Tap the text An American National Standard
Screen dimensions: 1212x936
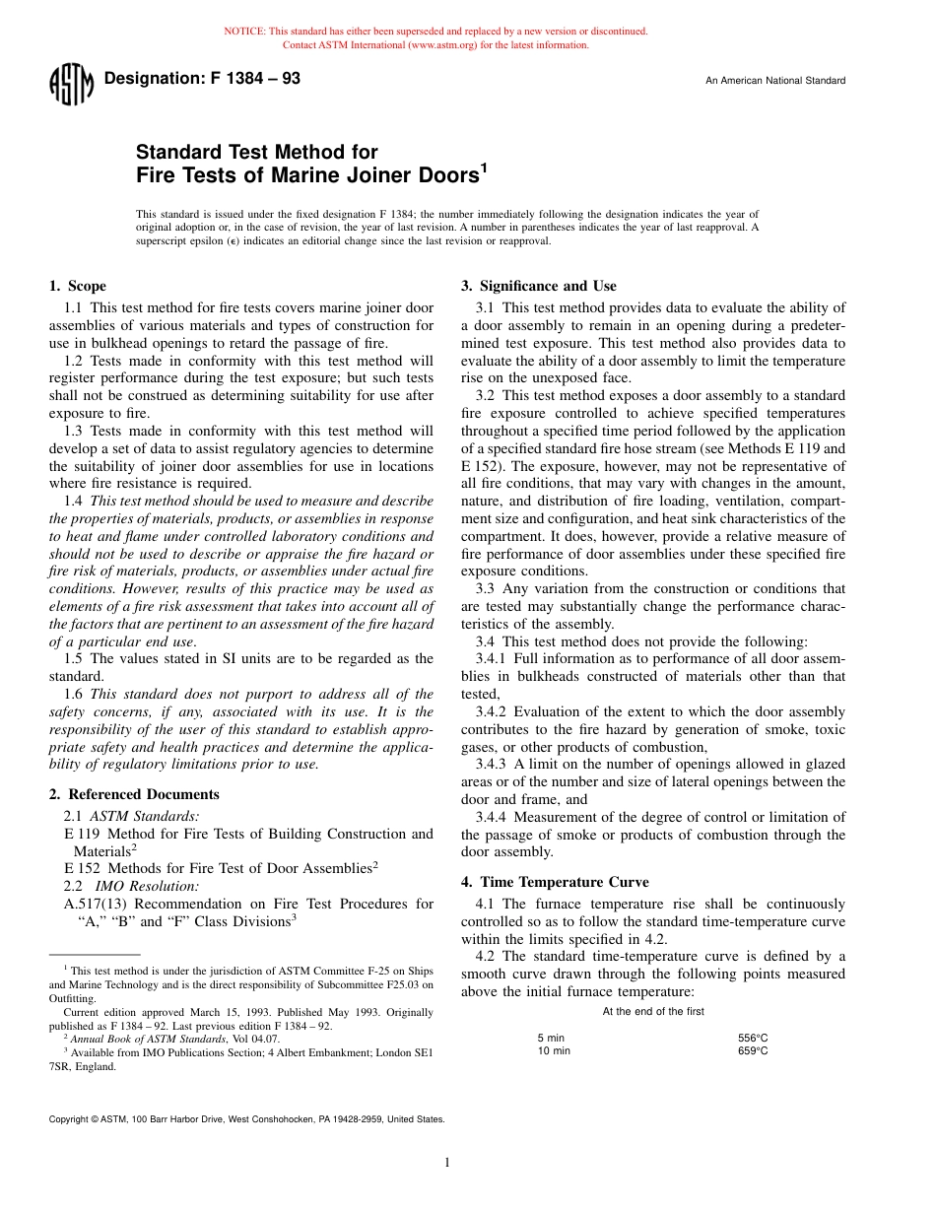[x=774, y=81]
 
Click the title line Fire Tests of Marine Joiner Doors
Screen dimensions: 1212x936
[x=311, y=175]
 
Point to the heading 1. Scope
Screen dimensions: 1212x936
[x=78, y=287]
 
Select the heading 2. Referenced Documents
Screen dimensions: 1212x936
[x=134, y=794]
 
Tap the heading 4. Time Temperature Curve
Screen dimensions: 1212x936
[x=555, y=882]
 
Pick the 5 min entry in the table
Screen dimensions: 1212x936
[x=551, y=1038]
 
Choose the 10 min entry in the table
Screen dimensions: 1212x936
[x=554, y=1051]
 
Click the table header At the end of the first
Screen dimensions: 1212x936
[x=653, y=1012]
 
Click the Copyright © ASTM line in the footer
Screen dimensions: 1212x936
[x=246, y=1119]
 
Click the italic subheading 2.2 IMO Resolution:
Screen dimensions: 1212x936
[x=131, y=886]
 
